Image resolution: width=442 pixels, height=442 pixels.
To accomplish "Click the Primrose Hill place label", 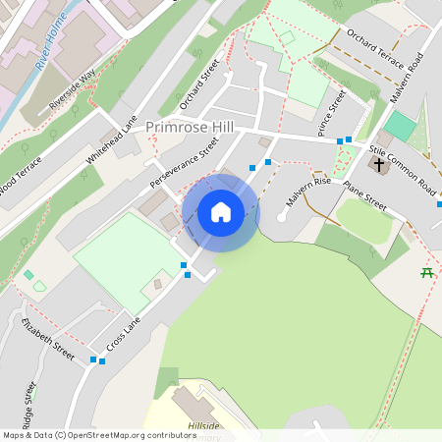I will [x=189, y=128].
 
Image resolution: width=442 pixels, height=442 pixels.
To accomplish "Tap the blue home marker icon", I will [x=221, y=211].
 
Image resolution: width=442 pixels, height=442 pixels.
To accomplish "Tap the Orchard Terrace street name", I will [x=374, y=50].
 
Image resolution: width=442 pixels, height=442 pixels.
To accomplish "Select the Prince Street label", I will [x=332, y=114].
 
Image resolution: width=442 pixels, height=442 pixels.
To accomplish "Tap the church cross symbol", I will [x=379, y=165].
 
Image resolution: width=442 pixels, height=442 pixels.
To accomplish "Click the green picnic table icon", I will [x=427, y=273].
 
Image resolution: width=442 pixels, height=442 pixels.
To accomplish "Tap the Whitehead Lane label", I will [x=111, y=139].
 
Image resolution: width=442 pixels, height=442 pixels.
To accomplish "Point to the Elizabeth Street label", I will [x=49, y=338].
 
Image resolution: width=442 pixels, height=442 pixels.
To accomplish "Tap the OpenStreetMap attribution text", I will [x=98, y=435].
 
